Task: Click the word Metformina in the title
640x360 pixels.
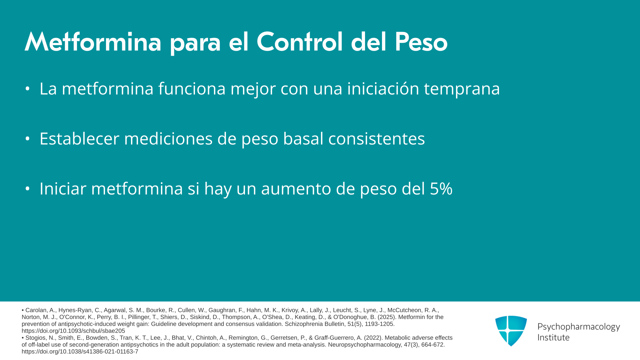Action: tap(93, 42)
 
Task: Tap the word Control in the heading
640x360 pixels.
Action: tap(300, 42)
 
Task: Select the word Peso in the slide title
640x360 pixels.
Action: tap(421, 42)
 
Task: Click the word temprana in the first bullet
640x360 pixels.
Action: tap(462, 89)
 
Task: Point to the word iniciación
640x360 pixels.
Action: tap(383, 88)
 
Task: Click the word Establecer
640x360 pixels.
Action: tap(79, 138)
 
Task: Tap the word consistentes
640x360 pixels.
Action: tap(377, 139)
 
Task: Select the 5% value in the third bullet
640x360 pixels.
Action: tap(441, 189)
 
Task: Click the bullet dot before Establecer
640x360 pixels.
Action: tap(28, 139)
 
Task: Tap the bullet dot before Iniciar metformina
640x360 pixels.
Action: tap(28, 189)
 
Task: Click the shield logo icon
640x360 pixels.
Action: tap(511, 331)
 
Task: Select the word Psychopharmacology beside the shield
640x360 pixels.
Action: tap(579, 327)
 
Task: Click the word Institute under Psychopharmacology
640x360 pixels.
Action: tap(553, 337)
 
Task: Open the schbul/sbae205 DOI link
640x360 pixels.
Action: tap(73, 331)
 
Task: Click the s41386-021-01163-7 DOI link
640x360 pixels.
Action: tap(80, 352)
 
